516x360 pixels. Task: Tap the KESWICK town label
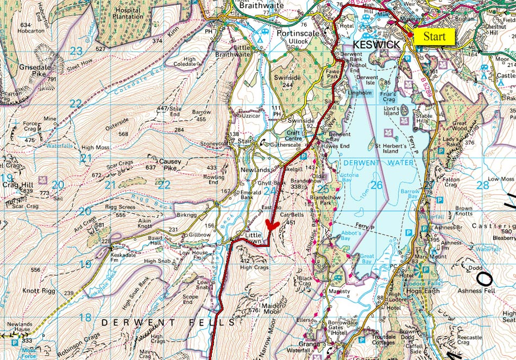click(376, 44)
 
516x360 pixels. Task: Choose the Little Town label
click(253, 238)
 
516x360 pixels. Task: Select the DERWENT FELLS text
click(168, 323)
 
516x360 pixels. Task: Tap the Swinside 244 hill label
click(287, 81)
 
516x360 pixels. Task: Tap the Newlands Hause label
click(20, 327)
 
